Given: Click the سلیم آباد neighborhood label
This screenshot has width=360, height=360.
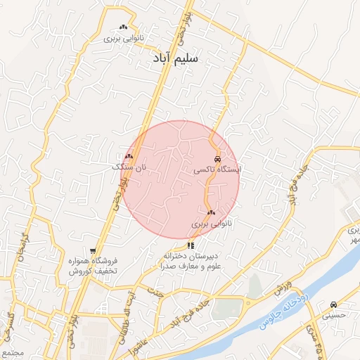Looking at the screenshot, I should [175, 60].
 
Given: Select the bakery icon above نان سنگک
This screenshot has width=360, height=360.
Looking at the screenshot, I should [129, 157].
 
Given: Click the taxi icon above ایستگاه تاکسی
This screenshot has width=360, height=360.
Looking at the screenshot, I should [217, 159].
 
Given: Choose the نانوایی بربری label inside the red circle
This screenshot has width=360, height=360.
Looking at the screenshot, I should [211, 224].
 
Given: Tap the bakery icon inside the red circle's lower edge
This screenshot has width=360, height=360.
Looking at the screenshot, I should [211, 212].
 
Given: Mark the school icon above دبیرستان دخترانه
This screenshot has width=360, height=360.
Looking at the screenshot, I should [191, 245].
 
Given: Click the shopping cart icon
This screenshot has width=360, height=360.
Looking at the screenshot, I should [93, 250].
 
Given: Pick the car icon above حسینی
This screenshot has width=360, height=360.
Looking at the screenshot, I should [333, 304].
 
